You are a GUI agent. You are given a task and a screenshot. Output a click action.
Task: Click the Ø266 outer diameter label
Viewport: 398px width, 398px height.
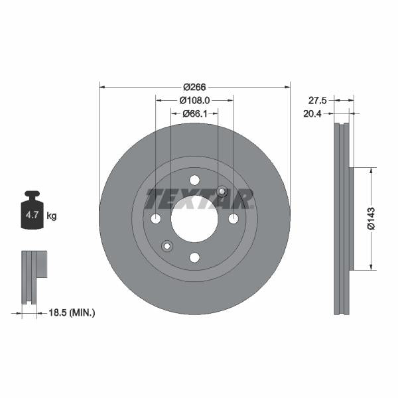point(194,87)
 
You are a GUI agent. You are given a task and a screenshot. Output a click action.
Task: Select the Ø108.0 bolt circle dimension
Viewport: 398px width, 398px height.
point(194,100)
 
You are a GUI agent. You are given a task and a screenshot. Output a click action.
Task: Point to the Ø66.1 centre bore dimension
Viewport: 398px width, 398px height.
point(194,113)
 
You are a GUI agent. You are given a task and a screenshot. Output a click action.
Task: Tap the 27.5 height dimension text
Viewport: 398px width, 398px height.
point(318,100)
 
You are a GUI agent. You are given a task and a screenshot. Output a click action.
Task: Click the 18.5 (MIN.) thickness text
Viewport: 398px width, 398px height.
point(73,311)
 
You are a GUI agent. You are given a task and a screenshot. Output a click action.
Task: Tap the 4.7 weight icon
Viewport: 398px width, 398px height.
point(32,212)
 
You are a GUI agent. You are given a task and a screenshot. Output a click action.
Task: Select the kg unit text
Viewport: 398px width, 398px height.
point(52,216)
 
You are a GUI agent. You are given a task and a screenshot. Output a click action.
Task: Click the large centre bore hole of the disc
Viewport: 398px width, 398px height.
point(194,219)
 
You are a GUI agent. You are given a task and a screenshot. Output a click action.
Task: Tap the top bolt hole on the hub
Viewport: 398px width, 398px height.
point(194,180)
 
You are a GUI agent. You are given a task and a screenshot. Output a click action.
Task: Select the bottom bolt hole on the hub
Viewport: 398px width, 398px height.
point(194,257)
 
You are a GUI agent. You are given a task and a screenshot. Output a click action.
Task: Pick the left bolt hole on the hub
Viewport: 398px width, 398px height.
point(156,219)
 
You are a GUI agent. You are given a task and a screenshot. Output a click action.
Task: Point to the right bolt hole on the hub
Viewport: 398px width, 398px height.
point(233,219)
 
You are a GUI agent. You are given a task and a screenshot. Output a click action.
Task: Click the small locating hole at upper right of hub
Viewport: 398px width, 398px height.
point(222,192)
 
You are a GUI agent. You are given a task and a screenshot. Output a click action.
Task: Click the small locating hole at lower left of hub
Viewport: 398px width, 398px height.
point(167,246)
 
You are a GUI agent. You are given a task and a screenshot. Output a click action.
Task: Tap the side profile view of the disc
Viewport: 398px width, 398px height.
point(342,219)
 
